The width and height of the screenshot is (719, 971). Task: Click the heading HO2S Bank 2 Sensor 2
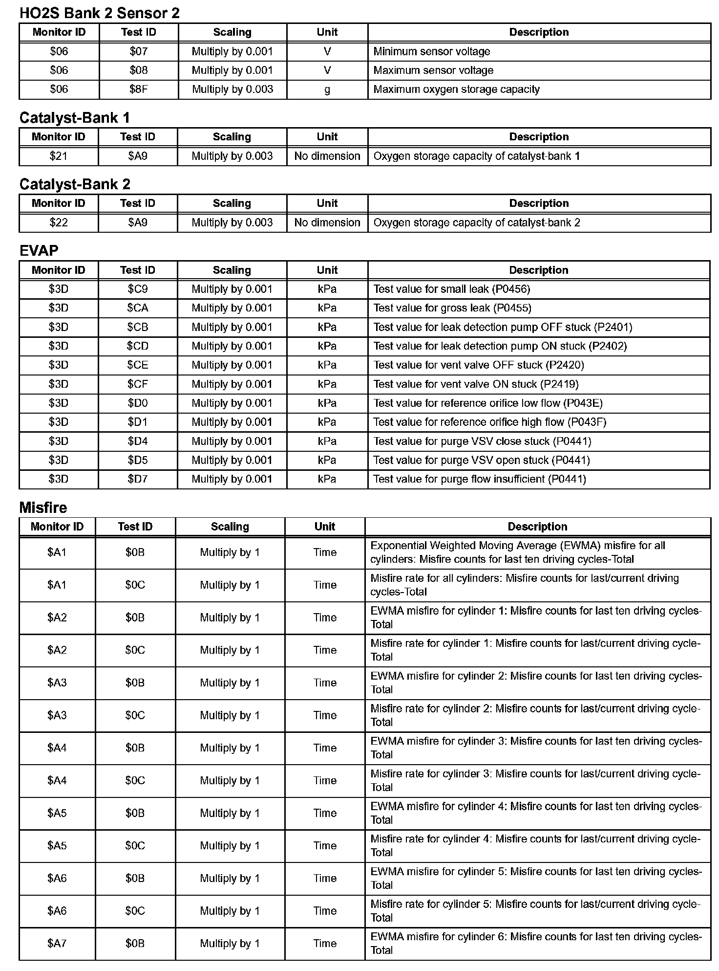tap(99, 13)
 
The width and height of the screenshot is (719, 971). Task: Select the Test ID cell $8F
tap(139, 89)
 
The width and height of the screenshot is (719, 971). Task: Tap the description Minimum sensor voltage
tap(432, 51)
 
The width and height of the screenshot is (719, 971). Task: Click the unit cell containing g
tap(327, 89)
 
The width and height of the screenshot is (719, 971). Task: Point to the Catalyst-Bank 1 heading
tap(74, 118)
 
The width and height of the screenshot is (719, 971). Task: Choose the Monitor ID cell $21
tap(59, 156)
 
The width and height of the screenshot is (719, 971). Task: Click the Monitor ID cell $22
tap(59, 223)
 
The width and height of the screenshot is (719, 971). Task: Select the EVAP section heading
tap(39, 251)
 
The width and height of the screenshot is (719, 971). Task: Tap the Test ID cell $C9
tap(138, 289)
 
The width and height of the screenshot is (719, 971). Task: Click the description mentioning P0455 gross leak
tap(452, 309)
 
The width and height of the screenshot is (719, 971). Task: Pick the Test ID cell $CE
tap(138, 365)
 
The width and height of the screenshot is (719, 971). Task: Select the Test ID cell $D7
tap(138, 479)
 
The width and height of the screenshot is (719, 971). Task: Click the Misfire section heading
tap(43, 508)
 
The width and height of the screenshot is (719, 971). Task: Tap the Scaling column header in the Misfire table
tap(230, 527)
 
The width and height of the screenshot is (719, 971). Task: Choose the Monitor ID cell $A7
tap(57, 944)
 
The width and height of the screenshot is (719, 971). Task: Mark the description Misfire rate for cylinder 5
tap(535, 911)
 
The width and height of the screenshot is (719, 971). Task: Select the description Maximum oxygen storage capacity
tap(457, 89)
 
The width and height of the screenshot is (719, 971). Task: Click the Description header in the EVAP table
tap(539, 270)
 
